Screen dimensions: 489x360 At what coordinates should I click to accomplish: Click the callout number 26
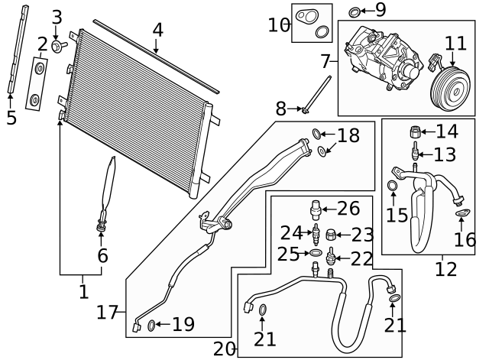pyautogui.click(x=348, y=209)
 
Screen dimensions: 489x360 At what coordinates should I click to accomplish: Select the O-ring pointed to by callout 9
pyautogui.click(x=353, y=12)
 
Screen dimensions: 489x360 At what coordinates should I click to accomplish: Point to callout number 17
pyautogui.click(x=107, y=313)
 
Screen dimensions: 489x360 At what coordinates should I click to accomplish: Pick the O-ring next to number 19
pyautogui.click(x=151, y=326)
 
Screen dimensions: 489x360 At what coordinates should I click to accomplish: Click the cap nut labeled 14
pyautogui.click(x=416, y=131)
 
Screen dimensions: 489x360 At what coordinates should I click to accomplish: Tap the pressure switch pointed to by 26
pyautogui.click(x=316, y=210)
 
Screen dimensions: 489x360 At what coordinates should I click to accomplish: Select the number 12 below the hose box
pyautogui.click(x=446, y=269)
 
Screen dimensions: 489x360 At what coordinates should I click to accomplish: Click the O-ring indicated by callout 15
pyautogui.click(x=392, y=186)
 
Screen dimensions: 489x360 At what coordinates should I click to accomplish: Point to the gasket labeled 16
pyautogui.click(x=462, y=213)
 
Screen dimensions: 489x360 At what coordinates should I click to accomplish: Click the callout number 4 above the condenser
pyautogui.click(x=158, y=31)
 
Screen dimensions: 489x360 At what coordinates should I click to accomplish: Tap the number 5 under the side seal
pyautogui.click(x=11, y=118)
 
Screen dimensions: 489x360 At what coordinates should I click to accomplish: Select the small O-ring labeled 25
pyautogui.click(x=315, y=253)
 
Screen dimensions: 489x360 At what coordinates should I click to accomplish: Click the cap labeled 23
pyautogui.click(x=330, y=235)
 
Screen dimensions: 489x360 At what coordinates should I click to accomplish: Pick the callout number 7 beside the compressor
pyautogui.click(x=325, y=61)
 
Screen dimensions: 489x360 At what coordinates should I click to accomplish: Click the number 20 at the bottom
pyautogui.click(x=225, y=349)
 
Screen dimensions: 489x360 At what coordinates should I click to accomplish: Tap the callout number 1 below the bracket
pyautogui.click(x=83, y=292)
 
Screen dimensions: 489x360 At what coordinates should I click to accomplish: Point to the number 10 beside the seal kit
pyautogui.click(x=279, y=25)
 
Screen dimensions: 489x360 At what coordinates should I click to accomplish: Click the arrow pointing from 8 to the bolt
pyautogui.click(x=294, y=109)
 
